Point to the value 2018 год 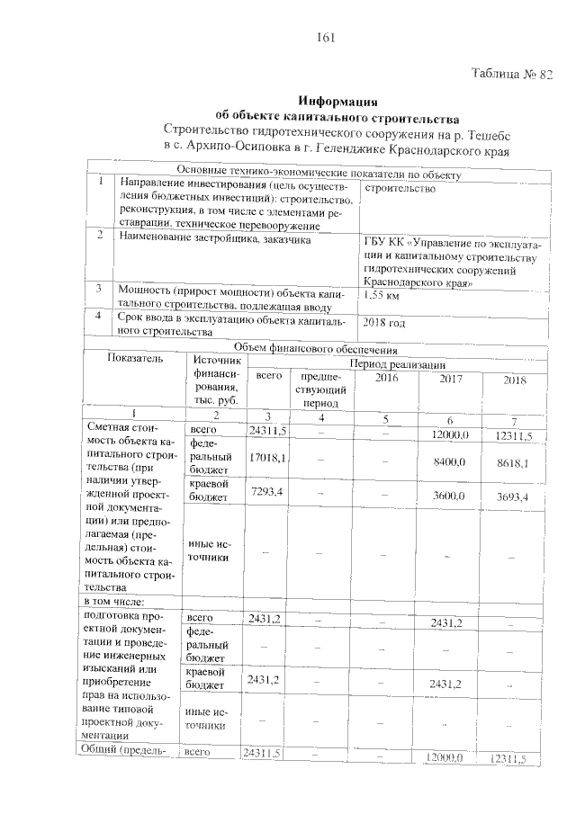tap(385, 322)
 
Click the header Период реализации tap(397, 364)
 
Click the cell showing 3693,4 tap(511, 496)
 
